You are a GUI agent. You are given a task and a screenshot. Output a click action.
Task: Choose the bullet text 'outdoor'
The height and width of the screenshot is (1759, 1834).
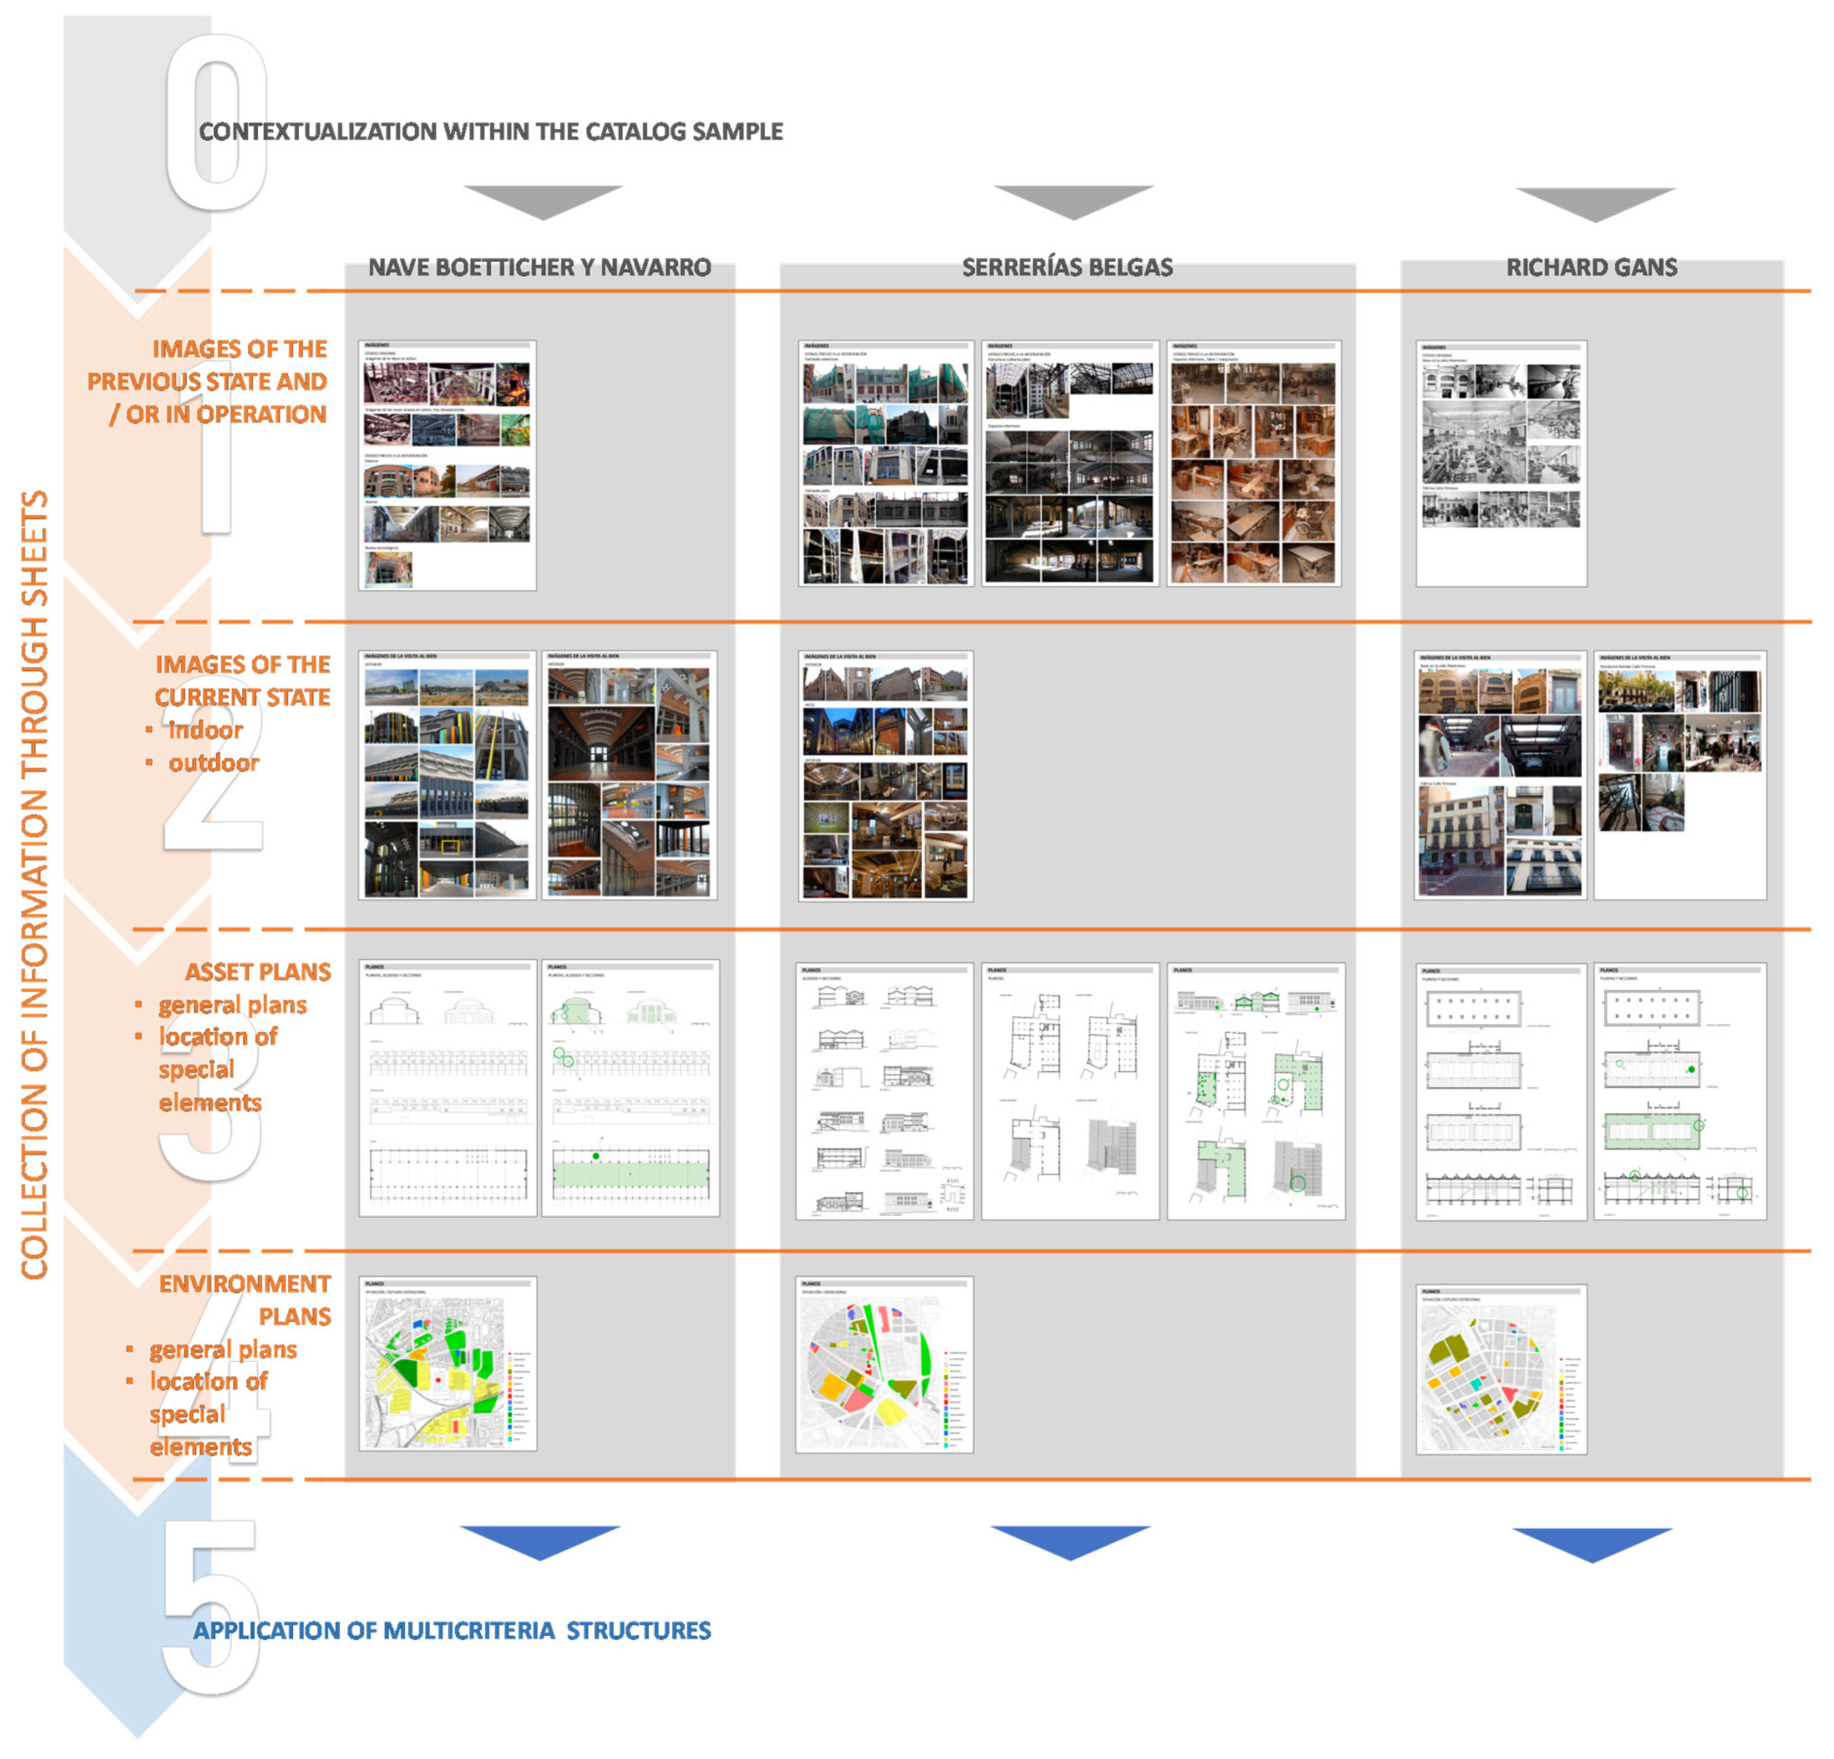point(213,763)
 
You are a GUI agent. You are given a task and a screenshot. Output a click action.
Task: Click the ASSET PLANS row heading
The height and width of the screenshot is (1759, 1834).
point(257,972)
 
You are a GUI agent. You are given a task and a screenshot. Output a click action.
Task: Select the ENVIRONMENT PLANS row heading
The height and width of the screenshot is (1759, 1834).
point(245,1300)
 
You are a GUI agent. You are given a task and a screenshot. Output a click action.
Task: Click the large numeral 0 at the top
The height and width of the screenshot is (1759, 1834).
point(217,122)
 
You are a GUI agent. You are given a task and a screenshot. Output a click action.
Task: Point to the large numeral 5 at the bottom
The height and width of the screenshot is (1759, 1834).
point(211,1604)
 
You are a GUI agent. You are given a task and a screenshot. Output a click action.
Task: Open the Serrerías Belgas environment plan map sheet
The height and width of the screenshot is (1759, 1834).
point(885,1364)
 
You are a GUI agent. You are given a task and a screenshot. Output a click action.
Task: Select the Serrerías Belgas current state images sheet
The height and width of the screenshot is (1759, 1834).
point(885,776)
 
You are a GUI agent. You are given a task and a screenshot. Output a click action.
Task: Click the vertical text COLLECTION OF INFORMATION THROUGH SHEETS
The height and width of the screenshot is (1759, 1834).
point(34,884)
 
